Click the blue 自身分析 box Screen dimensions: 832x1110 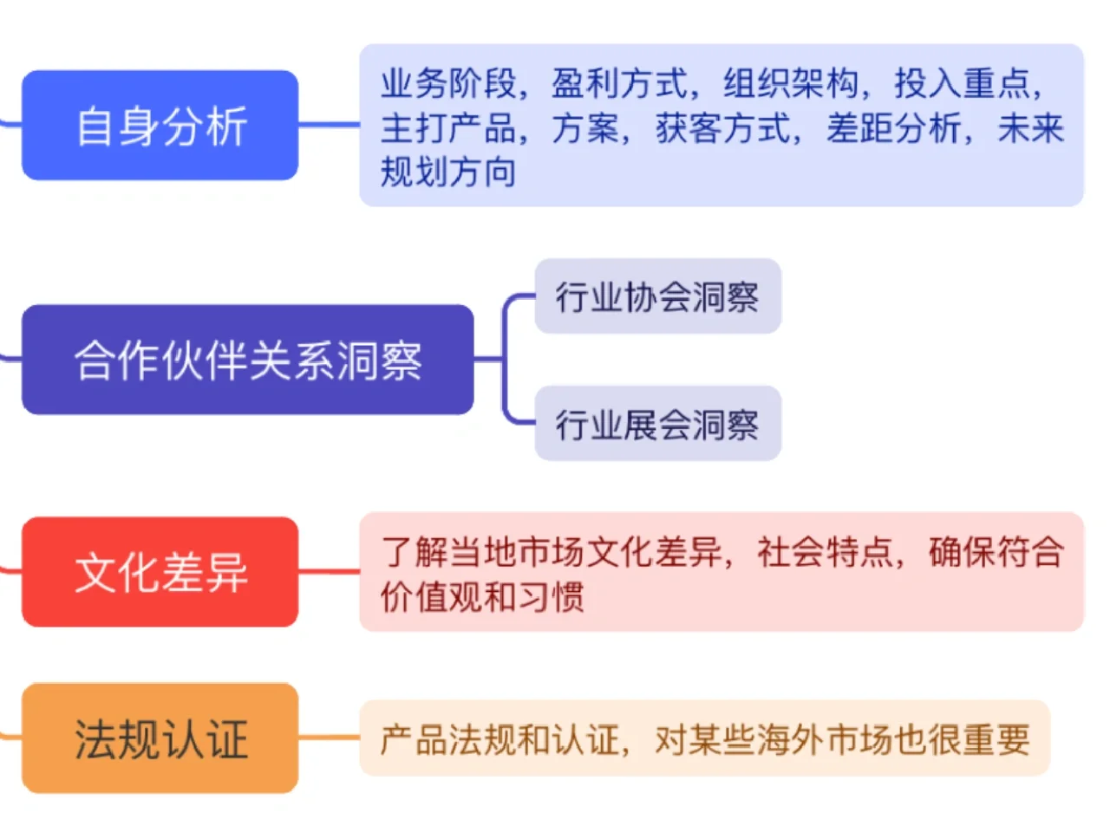pyautogui.click(x=160, y=126)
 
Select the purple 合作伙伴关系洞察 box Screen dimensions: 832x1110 pyautogui.click(x=248, y=360)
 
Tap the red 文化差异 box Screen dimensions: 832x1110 pyautogui.click(x=160, y=572)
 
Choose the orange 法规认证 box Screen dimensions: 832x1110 pyautogui.click(x=160, y=738)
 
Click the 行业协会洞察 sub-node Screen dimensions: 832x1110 pyautogui.click(x=657, y=296)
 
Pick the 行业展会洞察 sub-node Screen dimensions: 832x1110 pyautogui.click(x=657, y=424)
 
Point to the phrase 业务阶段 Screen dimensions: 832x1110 pyautogui.click(x=448, y=84)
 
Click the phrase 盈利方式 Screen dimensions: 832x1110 pyautogui.click(x=619, y=84)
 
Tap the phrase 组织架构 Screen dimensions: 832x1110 pyautogui.click(x=791, y=84)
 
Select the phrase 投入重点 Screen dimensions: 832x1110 pyautogui.click(x=962, y=84)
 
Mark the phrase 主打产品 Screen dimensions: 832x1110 pyautogui.click(x=448, y=128)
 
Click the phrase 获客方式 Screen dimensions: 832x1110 pyautogui.click(x=722, y=128)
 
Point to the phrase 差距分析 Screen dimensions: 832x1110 pyautogui.click(x=893, y=128)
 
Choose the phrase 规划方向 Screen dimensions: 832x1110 pyautogui.click(x=448, y=172)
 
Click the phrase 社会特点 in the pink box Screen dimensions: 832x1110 pyautogui.click(x=825, y=551)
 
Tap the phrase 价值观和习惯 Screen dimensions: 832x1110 pyautogui.click(x=482, y=596)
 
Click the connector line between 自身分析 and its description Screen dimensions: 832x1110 pyautogui.click(x=329, y=126)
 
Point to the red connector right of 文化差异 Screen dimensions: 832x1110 pyautogui.click(x=329, y=572)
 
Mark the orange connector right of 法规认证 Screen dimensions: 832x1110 pyautogui.click(x=329, y=738)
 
